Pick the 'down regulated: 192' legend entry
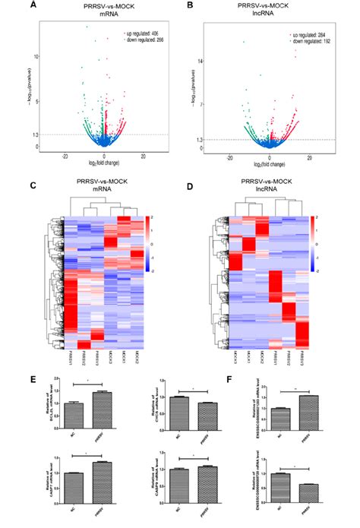pyautogui.click(x=309, y=41)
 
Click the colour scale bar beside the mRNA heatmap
pyautogui.click(x=169, y=244)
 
